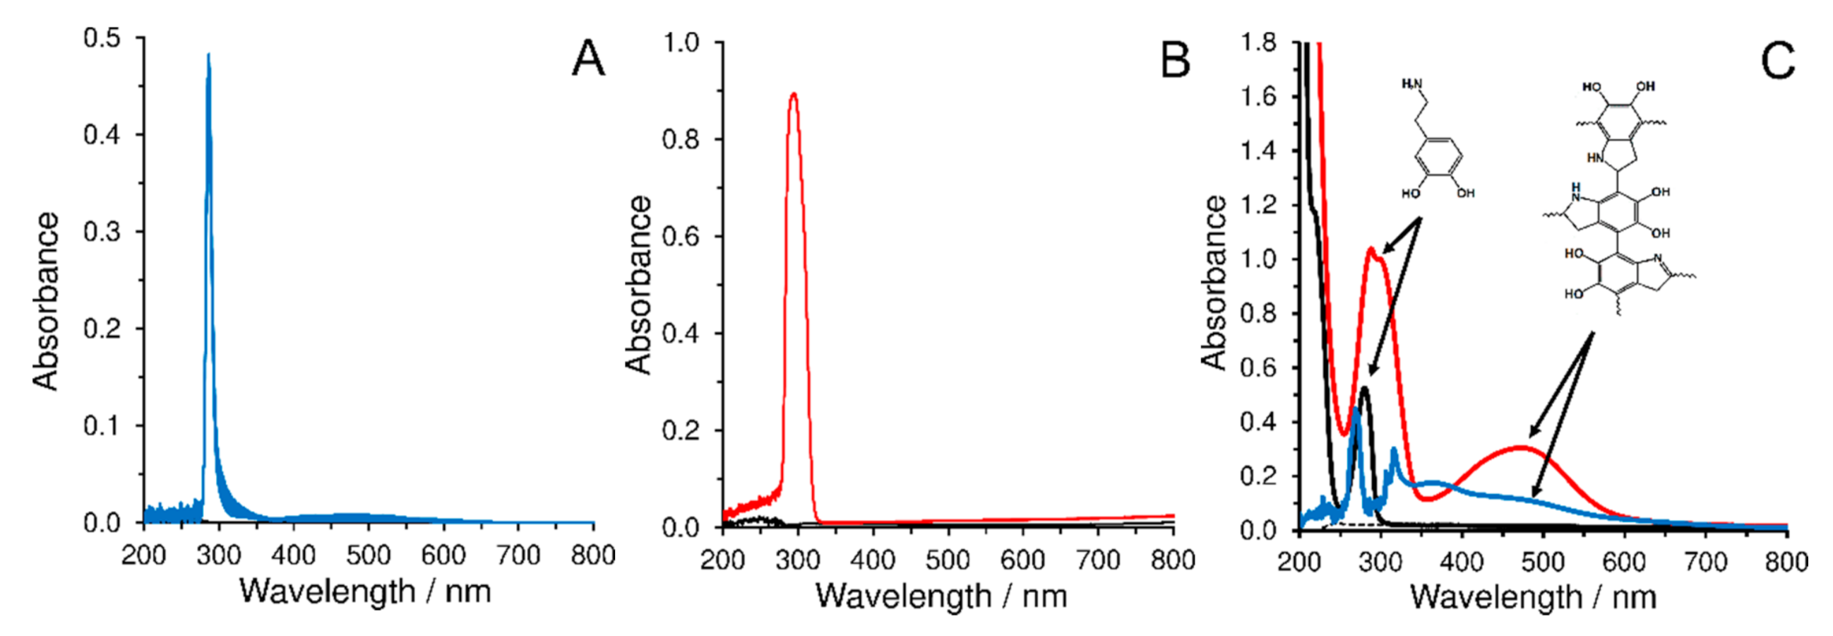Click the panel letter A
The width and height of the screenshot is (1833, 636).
pyautogui.click(x=587, y=59)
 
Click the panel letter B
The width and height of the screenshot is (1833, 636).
pyautogui.click(x=1175, y=60)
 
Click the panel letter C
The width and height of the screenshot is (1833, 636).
pyautogui.click(x=1777, y=61)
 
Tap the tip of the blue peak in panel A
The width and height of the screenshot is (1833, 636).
pyautogui.click(x=208, y=54)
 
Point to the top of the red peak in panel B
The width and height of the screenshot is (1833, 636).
pyautogui.click(x=794, y=93)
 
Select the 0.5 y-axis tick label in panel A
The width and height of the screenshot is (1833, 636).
pyautogui.click(x=102, y=37)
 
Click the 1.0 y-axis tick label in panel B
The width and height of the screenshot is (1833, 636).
pyautogui.click(x=681, y=42)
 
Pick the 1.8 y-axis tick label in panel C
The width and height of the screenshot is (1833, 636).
pyautogui.click(x=1259, y=42)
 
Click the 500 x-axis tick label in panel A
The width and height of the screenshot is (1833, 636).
pyautogui.click(x=368, y=555)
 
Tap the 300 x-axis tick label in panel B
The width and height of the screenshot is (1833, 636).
pyautogui.click(x=798, y=560)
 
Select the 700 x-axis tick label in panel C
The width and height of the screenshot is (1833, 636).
pyautogui.click(x=1707, y=562)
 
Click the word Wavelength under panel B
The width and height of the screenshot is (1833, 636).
pyautogui.click(x=903, y=596)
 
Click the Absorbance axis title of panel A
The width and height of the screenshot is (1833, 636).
pyautogui.click(x=44, y=300)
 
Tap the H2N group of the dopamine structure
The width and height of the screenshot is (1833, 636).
pyautogui.click(x=1411, y=84)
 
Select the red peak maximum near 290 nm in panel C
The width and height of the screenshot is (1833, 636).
pyautogui.click(x=1371, y=249)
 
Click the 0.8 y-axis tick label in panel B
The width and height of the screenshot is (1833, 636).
pyautogui.click(x=681, y=140)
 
